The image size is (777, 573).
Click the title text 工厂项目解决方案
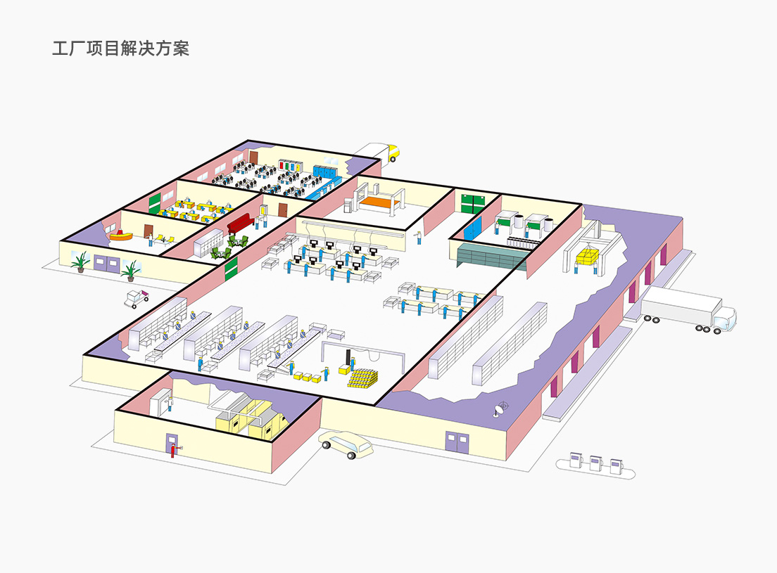[120, 49]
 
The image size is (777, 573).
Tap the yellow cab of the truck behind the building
[392, 150]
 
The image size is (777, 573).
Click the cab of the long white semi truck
[725, 320]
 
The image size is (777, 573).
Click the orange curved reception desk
[121, 234]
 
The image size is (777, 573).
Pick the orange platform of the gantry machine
[379, 202]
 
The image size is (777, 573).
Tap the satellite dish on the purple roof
[502, 407]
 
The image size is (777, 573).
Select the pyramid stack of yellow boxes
[362, 378]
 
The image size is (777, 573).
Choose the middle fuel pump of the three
[595, 462]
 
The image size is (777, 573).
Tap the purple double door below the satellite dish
[455, 442]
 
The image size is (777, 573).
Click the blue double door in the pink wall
[473, 227]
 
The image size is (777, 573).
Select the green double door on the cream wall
[472, 202]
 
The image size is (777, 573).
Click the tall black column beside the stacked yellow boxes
[348, 358]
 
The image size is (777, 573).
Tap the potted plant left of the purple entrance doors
[81, 262]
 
